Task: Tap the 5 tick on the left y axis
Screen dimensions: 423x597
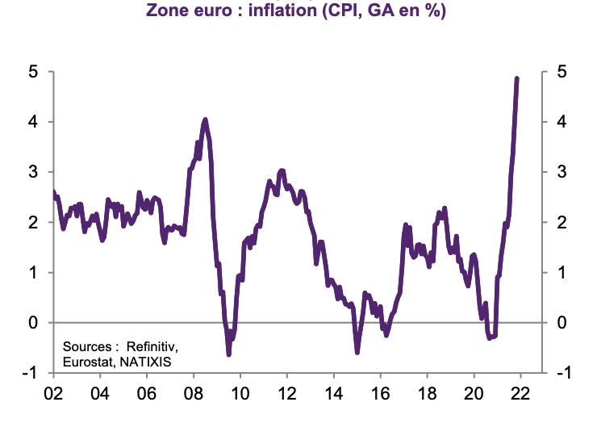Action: tap(33, 72)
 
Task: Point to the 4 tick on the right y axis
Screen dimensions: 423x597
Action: tap(559, 122)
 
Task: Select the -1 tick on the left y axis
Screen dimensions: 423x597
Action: tap(30, 373)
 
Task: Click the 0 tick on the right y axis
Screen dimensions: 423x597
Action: tap(559, 323)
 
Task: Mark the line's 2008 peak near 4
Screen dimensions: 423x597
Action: tap(205, 120)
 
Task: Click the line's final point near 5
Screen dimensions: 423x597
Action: tap(516, 79)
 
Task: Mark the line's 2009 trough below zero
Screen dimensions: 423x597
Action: tap(228, 354)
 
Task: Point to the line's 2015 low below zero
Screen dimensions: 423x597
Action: tap(357, 351)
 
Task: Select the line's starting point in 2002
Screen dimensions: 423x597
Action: tap(53, 192)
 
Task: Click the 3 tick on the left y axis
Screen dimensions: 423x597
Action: tap(33, 172)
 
